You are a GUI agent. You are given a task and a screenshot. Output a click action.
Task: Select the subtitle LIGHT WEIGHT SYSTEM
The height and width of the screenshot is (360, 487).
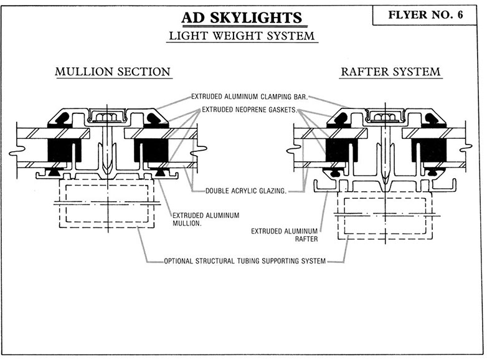243,36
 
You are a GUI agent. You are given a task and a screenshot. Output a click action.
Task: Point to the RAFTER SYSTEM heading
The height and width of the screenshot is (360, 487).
390,72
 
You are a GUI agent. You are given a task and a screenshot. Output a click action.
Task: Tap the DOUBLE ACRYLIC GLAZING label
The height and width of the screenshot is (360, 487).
242,191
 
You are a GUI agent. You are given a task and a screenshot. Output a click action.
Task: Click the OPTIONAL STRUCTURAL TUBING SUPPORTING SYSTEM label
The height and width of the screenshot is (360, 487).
244,260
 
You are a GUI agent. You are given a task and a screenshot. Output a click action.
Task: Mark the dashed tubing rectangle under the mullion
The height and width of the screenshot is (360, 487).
107,202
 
